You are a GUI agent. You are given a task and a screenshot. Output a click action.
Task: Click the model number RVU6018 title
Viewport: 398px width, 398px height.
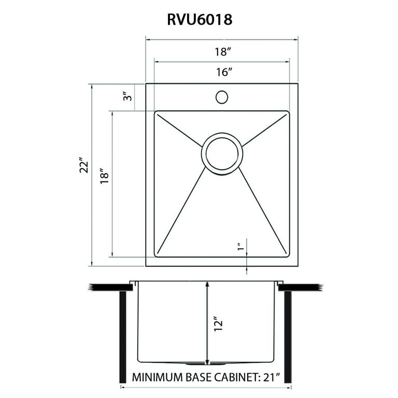(x=200, y=20)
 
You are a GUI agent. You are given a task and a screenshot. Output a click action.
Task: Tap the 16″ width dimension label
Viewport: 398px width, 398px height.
(x=224, y=73)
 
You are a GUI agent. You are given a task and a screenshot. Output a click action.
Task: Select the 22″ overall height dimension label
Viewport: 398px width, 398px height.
(x=84, y=165)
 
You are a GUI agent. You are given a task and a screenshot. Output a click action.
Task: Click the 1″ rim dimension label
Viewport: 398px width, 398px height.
(x=240, y=247)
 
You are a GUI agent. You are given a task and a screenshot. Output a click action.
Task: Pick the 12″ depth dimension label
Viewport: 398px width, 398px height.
(x=219, y=323)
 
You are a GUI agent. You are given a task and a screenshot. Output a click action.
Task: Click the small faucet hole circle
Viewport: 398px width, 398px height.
(x=222, y=97)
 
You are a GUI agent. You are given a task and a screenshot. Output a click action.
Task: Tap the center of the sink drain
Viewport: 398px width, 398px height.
(x=222, y=153)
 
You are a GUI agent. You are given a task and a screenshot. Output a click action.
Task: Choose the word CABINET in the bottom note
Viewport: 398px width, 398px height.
(x=236, y=377)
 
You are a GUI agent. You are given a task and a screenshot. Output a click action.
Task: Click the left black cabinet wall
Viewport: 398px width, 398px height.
(x=123, y=337)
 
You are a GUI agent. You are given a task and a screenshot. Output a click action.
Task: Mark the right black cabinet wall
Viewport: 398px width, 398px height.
(x=288, y=337)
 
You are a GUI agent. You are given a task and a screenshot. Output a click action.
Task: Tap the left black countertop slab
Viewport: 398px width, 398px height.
(x=111, y=287)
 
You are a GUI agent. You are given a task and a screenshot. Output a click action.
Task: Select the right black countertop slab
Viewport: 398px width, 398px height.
(x=301, y=287)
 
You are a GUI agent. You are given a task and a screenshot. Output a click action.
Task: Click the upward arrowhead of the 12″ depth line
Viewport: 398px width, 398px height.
(x=207, y=285)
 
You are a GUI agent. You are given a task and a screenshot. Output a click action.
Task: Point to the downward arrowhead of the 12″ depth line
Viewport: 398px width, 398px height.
(x=207, y=361)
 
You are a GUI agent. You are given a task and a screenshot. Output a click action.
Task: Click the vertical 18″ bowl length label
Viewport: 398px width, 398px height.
(x=104, y=176)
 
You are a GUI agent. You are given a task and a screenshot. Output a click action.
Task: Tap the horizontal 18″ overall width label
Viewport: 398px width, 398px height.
(x=223, y=52)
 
